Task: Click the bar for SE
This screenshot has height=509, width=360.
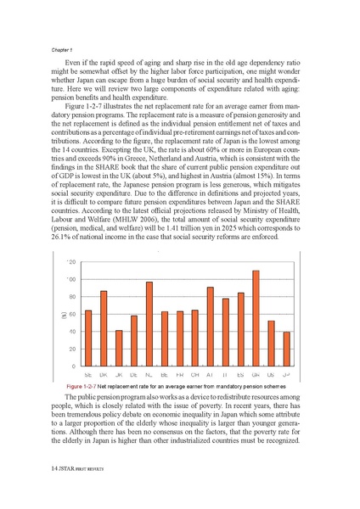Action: (88, 338)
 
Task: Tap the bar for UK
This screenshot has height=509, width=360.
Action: (119, 349)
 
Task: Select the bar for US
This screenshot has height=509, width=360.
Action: (271, 344)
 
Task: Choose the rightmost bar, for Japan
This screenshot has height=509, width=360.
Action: (286, 350)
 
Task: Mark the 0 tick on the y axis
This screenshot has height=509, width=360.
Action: (75, 366)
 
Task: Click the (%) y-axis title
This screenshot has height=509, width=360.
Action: (60, 315)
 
